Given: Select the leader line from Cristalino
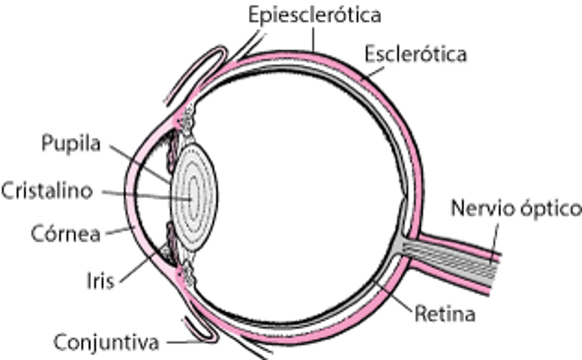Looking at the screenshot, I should click(x=136, y=192).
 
